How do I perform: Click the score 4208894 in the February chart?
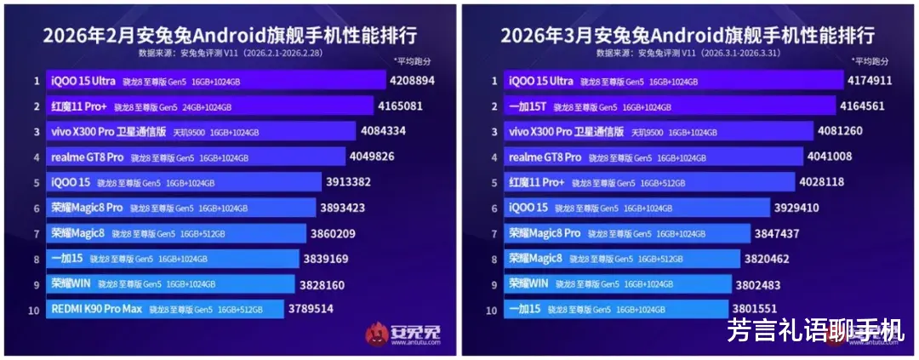click(x=411, y=81)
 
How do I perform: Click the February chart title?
click(x=230, y=36)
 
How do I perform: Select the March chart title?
click(x=688, y=36)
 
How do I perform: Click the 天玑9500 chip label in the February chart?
click(x=189, y=132)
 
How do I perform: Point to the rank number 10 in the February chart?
click(x=34, y=310)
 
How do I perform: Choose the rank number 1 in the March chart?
click(x=494, y=82)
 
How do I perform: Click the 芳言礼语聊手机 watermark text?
click(x=815, y=329)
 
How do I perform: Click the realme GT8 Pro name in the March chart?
click(x=545, y=157)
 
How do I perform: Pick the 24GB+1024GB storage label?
click(x=206, y=107)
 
